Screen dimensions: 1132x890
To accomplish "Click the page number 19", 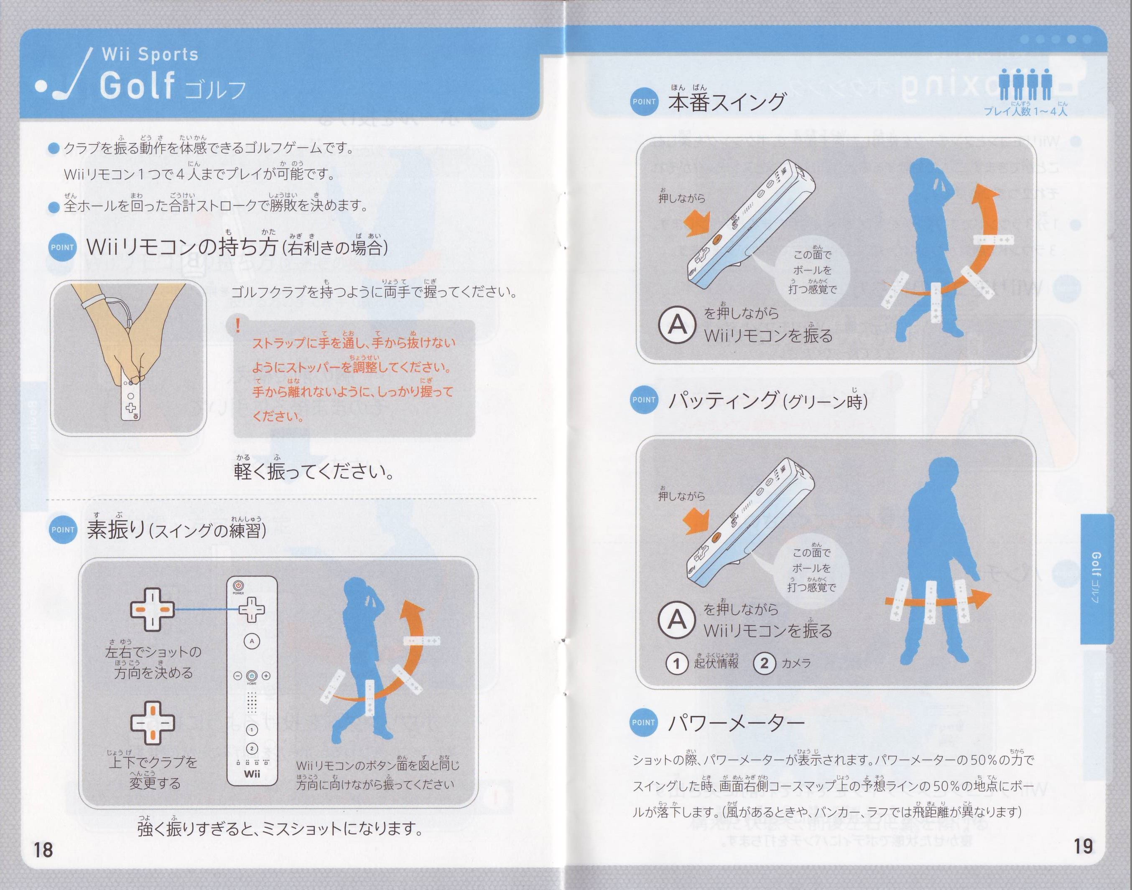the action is tap(1083, 845).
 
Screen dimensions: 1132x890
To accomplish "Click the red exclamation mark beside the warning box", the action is tap(238, 326).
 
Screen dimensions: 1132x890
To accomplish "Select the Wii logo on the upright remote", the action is tap(252, 774).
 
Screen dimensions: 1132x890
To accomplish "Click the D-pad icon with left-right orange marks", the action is tap(152, 609).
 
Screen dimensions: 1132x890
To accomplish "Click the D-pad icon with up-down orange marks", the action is tap(152, 723).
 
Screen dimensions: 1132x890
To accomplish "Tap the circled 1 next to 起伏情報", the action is tap(676, 664).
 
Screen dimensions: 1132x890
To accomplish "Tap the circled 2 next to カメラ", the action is tap(764, 663).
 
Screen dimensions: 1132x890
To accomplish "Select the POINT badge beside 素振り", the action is tap(63, 529).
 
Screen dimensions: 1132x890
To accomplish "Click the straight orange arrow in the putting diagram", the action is tap(937, 600).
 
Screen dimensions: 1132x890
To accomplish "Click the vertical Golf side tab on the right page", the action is tap(1096, 578).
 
